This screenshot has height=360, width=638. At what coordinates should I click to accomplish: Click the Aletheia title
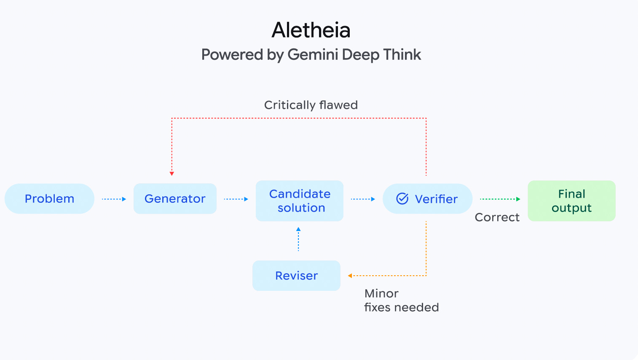coord(311,30)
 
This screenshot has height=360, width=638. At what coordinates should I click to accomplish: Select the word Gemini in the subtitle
coord(313,55)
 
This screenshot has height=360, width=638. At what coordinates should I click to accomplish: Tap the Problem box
coord(49,199)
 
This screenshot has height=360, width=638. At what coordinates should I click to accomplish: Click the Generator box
coord(175,199)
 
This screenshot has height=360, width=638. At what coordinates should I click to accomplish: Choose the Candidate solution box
coord(300,201)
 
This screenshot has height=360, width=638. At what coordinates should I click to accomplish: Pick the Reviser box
coord(296,276)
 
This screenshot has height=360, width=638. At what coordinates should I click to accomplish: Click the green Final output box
coord(571,201)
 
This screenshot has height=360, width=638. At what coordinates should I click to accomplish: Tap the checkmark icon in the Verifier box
coord(402,199)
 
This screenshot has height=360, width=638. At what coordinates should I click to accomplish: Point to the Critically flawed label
coord(311,105)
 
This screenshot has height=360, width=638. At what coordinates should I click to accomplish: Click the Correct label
coord(497,218)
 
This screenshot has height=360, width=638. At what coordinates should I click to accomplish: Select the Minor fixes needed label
coord(401,300)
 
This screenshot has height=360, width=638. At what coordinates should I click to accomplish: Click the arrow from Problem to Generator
coord(114,199)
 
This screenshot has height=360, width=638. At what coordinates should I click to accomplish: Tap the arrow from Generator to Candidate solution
coord(236,199)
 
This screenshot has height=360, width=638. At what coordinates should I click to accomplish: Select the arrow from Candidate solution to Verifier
coord(363,199)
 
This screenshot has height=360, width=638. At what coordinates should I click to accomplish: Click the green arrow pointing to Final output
coord(500,199)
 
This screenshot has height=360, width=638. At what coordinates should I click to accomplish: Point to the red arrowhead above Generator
coord(172,173)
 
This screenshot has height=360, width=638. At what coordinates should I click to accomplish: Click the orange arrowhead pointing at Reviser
coord(350,276)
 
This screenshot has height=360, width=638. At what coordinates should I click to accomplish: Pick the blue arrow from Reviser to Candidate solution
coord(298,239)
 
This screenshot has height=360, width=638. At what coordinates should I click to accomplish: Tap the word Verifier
coord(436,199)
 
